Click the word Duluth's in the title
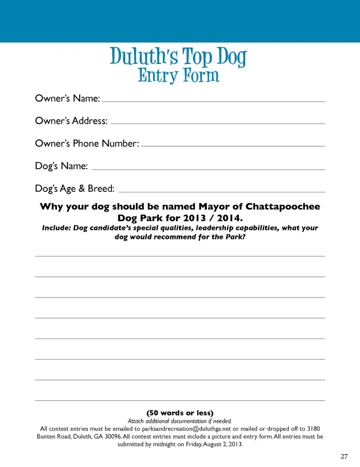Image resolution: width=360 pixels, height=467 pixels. (144, 56)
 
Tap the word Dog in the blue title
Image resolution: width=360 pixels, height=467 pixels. (232, 57)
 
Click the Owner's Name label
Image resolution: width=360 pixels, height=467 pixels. (67, 98)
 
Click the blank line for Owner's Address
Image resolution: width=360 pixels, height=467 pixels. (218, 123)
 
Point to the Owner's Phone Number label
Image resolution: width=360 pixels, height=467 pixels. (87, 143)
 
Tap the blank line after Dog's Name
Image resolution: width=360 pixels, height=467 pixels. (208, 169)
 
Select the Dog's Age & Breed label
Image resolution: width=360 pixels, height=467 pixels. (75, 188)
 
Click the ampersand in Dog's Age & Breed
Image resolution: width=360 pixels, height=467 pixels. (82, 188)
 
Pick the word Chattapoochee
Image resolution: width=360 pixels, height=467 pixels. (283, 207)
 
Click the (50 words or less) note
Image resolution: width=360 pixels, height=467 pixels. (180, 413)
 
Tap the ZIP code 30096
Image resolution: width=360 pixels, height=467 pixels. (113, 437)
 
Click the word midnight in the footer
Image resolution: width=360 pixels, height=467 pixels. (164, 444)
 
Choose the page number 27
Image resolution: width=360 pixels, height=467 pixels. (344, 456)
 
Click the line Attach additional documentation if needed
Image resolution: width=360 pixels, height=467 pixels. (180, 421)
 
